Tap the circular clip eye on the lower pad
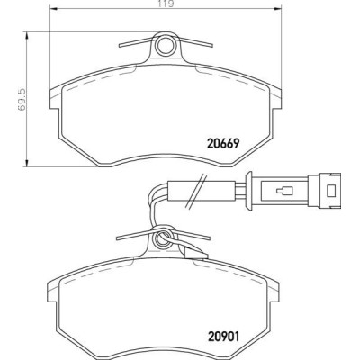coord(163,238)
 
